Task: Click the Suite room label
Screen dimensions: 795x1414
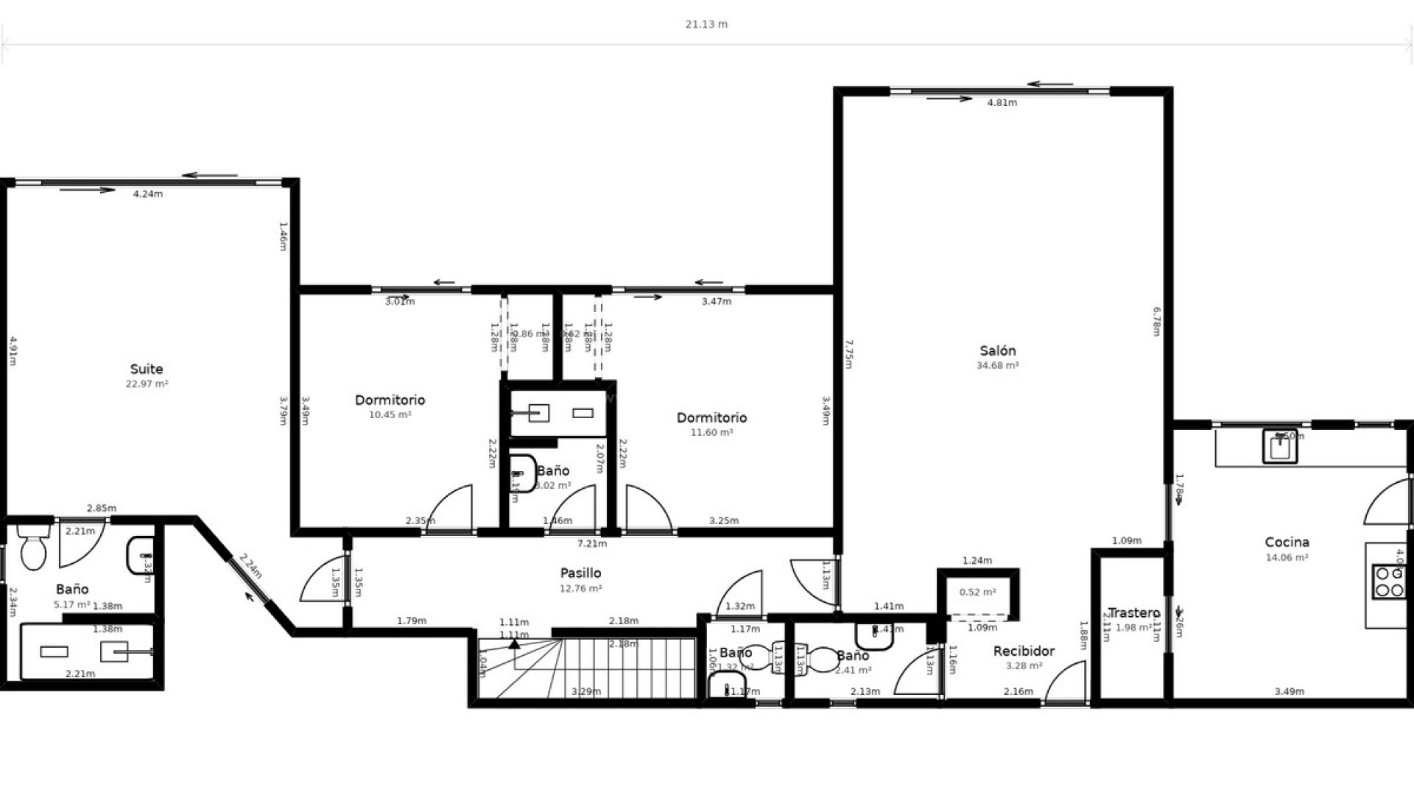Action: click(x=147, y=369)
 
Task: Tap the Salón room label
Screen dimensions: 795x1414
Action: click(x=997, y=350)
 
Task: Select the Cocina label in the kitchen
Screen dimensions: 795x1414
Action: click(x=1287, y=543)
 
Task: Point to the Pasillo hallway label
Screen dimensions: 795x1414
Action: click(x=580, y=573)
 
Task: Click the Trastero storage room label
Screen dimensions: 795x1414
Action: click(x=1133, y=612)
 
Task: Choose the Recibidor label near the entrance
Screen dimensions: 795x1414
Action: click(x=1023, y=651)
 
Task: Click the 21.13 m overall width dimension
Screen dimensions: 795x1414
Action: click(x=706, y=24)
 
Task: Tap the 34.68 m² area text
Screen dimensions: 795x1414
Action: click(x=997, y=365)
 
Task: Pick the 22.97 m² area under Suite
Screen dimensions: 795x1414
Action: click(x=147, y=384)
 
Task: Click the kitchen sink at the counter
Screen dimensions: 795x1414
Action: click(x=1280, y=445)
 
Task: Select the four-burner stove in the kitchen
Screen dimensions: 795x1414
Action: click(x=1389, y=582)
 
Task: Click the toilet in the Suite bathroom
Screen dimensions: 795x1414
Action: click(x=32, y=548)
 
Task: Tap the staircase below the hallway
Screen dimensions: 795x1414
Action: click(x=589, y=668)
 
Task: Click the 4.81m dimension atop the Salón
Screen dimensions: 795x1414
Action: click(x=1002, y=103)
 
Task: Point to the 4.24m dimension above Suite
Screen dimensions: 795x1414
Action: click(x=147, y=194)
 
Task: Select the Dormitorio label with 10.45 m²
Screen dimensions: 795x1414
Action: click(x=390, y=400)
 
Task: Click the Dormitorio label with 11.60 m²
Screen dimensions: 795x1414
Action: click(x=711, y=417)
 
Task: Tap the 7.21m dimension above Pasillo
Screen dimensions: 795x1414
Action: click(x=591, y=544)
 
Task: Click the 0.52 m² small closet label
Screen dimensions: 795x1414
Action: click(x=977, y=592)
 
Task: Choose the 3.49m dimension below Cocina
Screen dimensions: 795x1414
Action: click(x=1289, y=691)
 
